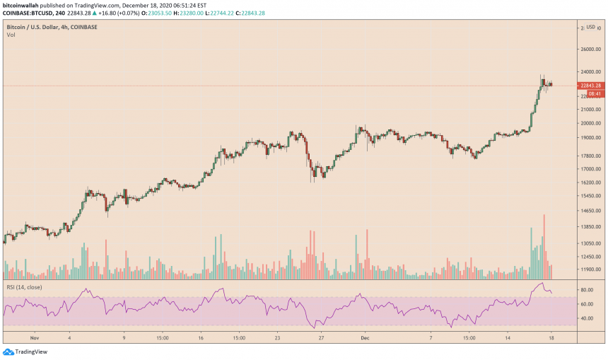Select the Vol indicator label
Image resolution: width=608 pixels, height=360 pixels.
(11, 35)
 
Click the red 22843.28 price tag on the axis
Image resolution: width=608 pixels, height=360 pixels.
(590, 86)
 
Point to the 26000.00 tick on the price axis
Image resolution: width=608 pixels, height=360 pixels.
(590, 50)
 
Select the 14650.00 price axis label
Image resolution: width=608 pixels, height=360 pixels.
(590, 211)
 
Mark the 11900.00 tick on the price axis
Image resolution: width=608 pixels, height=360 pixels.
(590, 269)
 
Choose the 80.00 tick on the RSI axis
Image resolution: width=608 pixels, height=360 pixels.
(587, 290)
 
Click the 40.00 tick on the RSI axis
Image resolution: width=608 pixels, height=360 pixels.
(587, 318)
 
